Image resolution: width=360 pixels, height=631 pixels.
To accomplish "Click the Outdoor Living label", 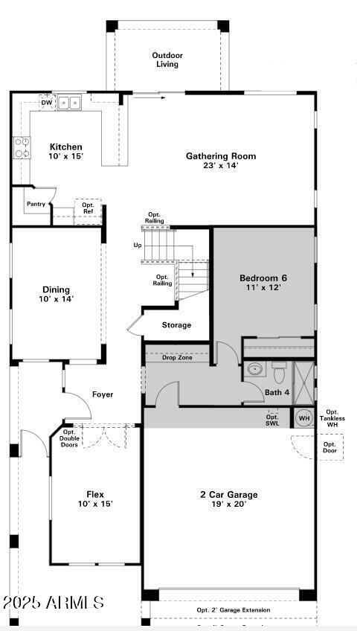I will click(167, 60).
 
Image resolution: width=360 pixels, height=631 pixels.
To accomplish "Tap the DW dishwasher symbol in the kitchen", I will click(46, 102).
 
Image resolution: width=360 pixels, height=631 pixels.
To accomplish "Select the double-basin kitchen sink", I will click(71, 103).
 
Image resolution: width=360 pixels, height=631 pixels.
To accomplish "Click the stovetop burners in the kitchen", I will click(22, 148).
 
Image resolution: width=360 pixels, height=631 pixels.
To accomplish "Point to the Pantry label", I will click(36, 204).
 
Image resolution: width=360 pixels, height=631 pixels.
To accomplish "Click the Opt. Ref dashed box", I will click(88, 208).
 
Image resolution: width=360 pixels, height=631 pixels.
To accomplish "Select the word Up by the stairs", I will click(137, 245).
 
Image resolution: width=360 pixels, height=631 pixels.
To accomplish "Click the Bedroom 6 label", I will click(263, 278).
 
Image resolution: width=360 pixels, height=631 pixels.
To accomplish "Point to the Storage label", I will click(176, 325).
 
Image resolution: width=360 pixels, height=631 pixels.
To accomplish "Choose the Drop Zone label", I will click(177, 358).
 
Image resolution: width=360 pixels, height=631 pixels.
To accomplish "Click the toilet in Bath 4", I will click(279, 371).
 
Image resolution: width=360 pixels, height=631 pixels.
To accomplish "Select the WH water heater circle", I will click(303, 418).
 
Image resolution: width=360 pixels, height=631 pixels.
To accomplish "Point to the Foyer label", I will click(103, 394).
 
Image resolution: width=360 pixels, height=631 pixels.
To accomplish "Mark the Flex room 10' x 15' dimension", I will click(94, 504).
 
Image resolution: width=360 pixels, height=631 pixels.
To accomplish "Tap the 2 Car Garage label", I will click(228, 495).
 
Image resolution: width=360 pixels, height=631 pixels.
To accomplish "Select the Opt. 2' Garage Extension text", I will click(233, 610).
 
